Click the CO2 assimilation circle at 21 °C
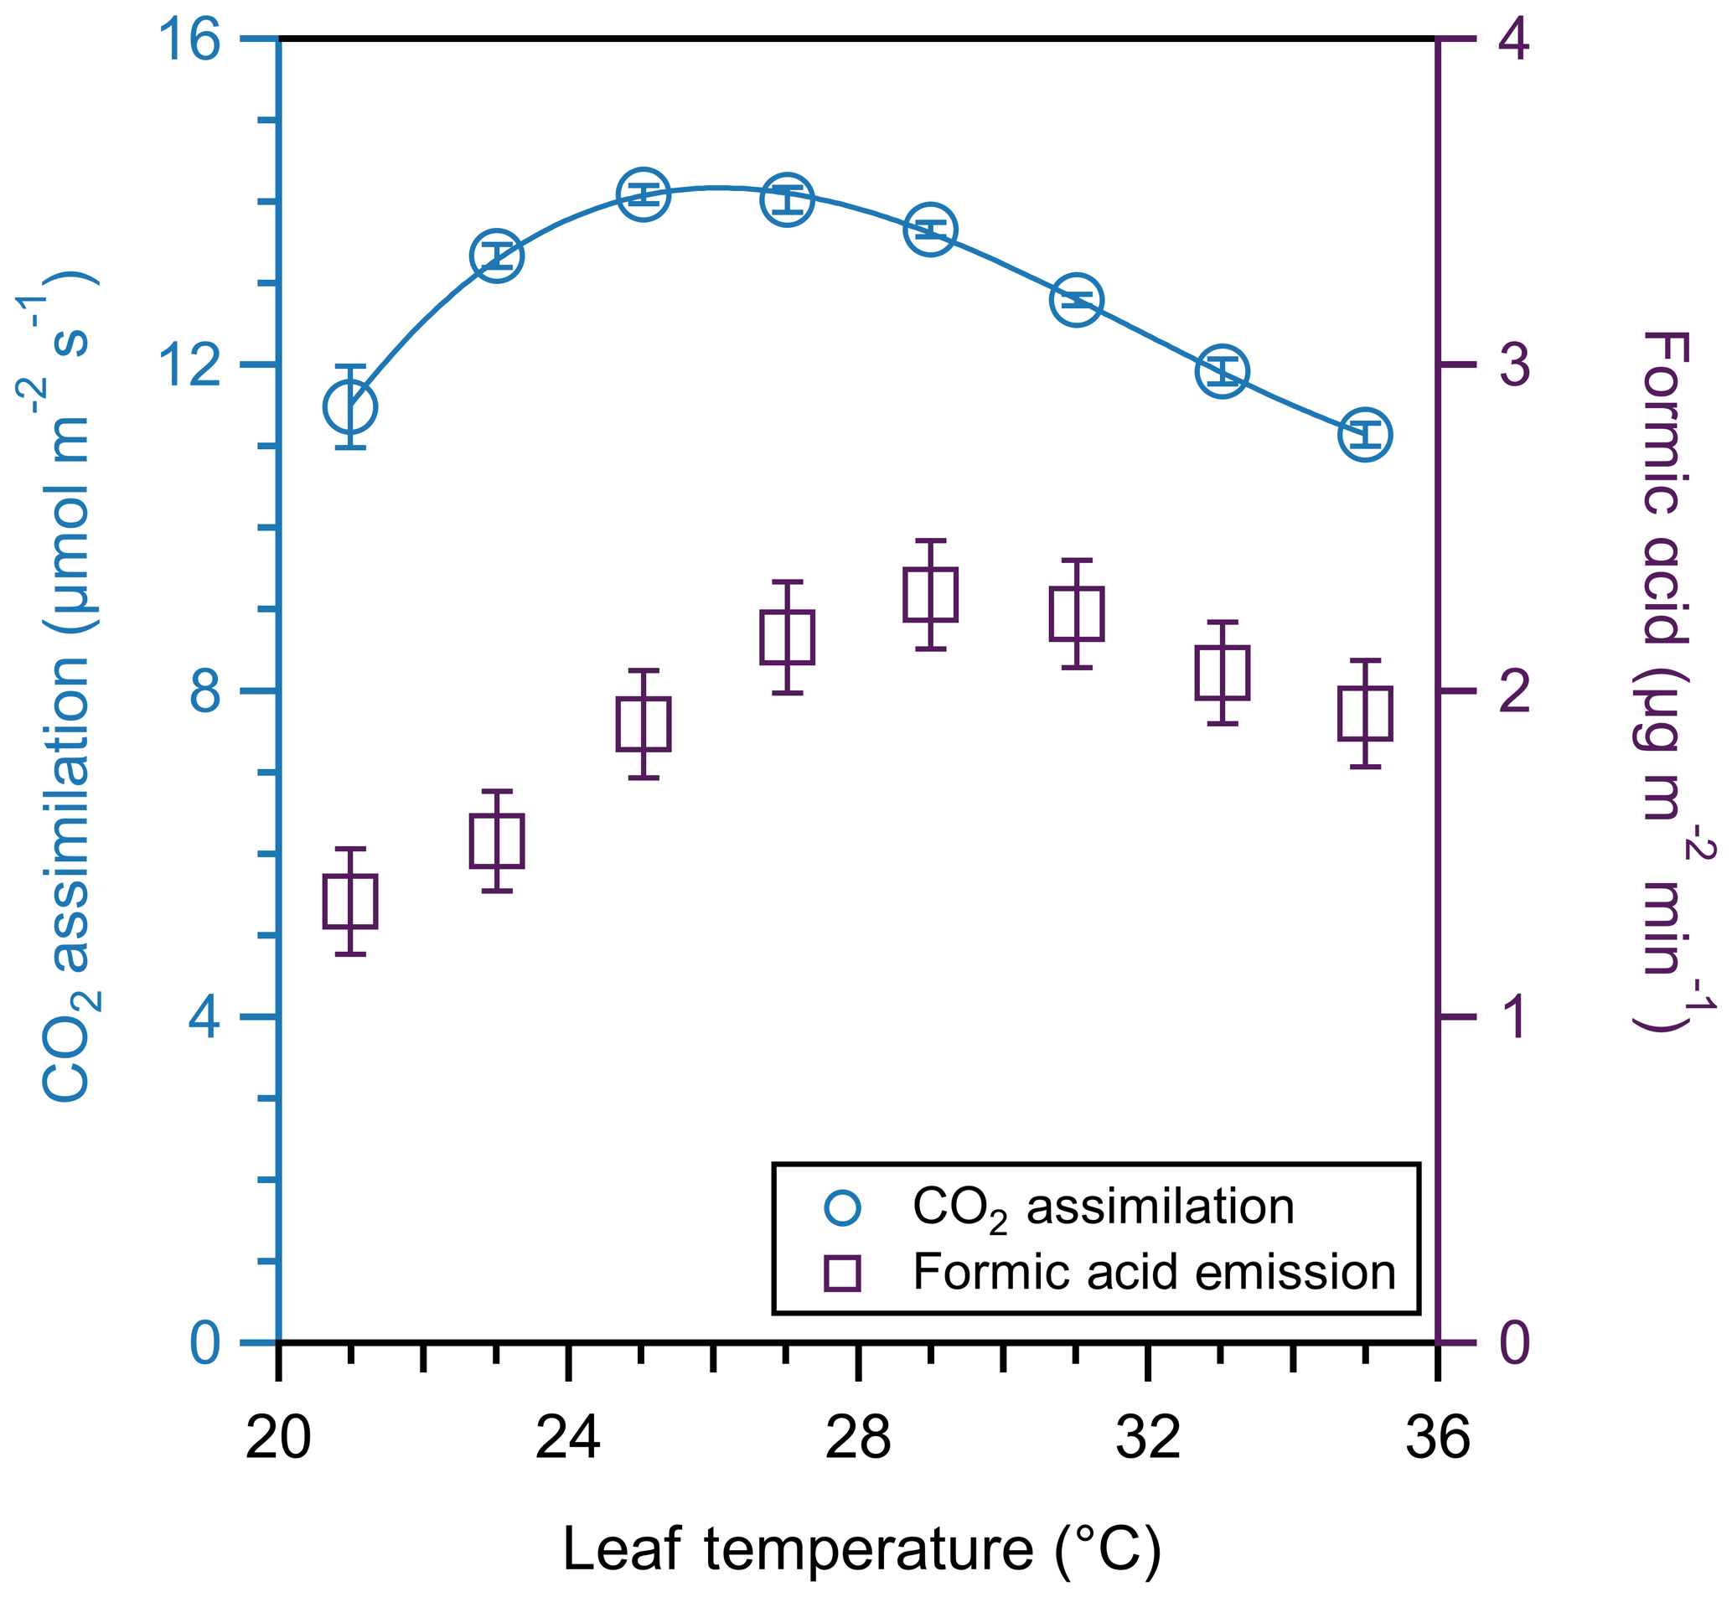pyautogui.click(x=350, y=407)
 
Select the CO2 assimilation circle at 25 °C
pyautogui.click(x=644, y=194)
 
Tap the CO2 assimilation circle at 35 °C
pyautogui.click(x=1366, y=434)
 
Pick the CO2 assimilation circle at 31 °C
pyautogui.click(x=1077, y=300)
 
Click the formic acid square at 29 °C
pyautogui.click(x=931, y=595)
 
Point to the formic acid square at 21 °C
pyautogui.click(x=350, y=902)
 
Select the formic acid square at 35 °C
pyautogui.click(x=1366, y=714)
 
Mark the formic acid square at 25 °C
pyautogui.click(x=644, y=724)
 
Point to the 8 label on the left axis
pyautogui.click(x=204, y=691)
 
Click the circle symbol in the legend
pyautogui.click(x=843, y=1208)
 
